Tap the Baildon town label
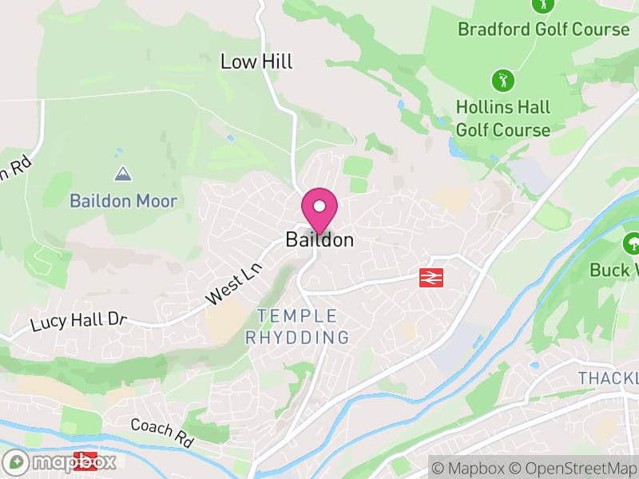[x=319, y=239]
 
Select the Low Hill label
[x=256, y=61]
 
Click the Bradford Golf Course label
[x=543, y=30]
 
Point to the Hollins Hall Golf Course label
[x=503, y=118]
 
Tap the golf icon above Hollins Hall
[x=502, y=80]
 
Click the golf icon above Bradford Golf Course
[x=543, y=5]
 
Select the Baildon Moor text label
[x=123, y=200]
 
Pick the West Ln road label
[x=234, y=285]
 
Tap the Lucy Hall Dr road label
[x=79, y=323]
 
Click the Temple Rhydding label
[x=297, y=327]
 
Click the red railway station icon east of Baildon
[x=431, y=277]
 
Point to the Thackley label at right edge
[x=608, y=378]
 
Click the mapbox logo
[x=61, y=461]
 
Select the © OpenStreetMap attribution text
[x=573, y=467]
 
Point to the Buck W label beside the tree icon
[x=614, y=270]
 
